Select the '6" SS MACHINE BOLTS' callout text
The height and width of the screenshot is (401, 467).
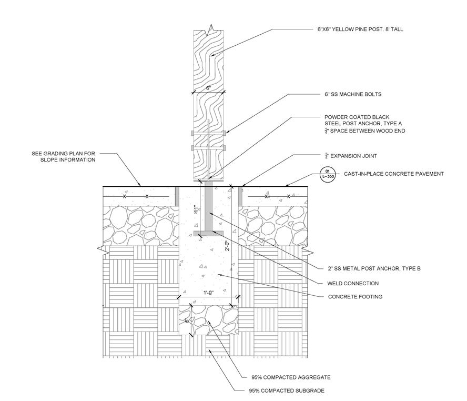click(x=352, y=95)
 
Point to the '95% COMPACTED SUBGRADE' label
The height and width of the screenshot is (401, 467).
click(x=287, y=391)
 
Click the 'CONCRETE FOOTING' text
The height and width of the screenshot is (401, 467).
click(x=355, y=297)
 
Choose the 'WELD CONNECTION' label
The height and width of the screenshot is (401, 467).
click(x=353, y=284)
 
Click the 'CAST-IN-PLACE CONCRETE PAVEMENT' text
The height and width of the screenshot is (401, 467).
click(x=394, y=174)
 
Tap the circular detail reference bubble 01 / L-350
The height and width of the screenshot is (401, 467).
click(x=327, y=174)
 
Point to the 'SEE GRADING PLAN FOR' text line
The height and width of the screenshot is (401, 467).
click(x=63, y=154)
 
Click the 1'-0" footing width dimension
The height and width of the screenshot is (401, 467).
click(x=208, y=294)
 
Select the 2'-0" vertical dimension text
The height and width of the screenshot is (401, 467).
click(x=227, y=246)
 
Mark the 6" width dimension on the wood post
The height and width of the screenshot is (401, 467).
click(x=208, y=88)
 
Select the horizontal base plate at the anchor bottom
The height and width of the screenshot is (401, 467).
click(x=208, y=233)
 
